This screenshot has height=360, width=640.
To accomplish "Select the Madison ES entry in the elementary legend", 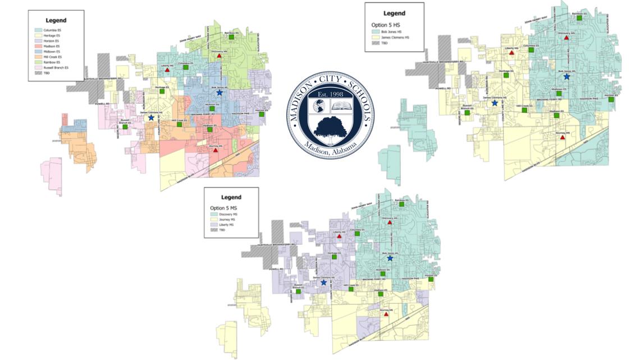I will pyautogui.click(x=49, y=46).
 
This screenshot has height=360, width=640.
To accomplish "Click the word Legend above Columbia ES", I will pyautogui.click(x=56, y=20).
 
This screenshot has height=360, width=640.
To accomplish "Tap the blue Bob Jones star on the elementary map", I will pyautogui.click(x=220, y=93).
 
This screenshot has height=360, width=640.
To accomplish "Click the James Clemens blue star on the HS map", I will pyautogui.click(x=495, y=103).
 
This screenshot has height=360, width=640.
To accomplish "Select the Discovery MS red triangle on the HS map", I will pyautogui.click(x=566, y=38).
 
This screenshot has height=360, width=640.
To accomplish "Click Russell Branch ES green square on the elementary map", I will pyautogui.click(x=125, y=126).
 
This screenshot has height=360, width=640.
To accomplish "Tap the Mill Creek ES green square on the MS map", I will pyautogui.click(x=351, y=289).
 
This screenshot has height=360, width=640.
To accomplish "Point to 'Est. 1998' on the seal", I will pyautogui.click(x=330, y=94).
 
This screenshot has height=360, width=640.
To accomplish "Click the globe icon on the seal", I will pyautogui.click(x=319, y=106).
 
